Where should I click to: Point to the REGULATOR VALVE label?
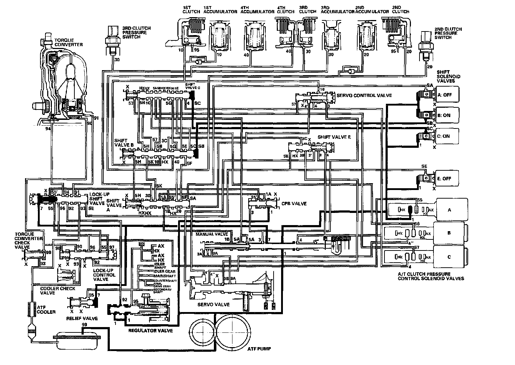click(150, 331)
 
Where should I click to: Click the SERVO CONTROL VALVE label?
click(364, 96)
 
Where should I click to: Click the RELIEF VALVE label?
click(82, 318)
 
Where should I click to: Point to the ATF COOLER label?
click(46, 310)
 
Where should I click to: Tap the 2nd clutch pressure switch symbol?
click(426, 43)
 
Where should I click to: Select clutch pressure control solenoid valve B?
click(449, 233)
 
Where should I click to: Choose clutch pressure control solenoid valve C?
click(449, 257)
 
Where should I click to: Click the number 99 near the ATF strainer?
click(84, 324)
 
